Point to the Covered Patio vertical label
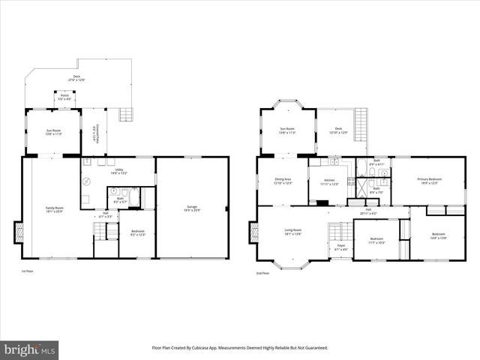point(94,133)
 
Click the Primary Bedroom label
point(430,181)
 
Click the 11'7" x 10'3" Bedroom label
point(376,241)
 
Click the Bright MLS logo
point(30,349)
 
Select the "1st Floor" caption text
point(28,271)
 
